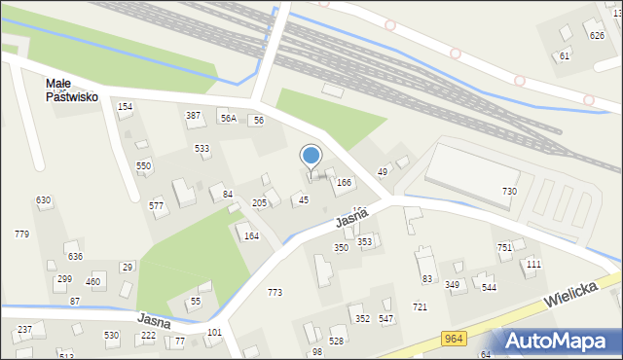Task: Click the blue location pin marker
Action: pyautogui.click(x=311, y=157)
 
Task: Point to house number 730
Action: pyautogui.click(x=509, y=192)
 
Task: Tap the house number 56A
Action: pyautogui.click(x=228, y=119)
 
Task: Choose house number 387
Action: pyautogui.click(x=194, y=116)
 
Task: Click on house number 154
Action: pyautogui.click(x=125, y=106)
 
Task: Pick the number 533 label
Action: pyautogui.click(x=202, y=148)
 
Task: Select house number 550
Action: pyautogui.click(x=143, y=166)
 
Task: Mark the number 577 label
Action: pyautogui.click(x=156, y=205)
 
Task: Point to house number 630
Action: pyautogui.click(x=44, y=200)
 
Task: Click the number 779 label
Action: pyautogui.click(x=21, y=234)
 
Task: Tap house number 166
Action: pyautogui.click(x=344, y=182)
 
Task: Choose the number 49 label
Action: pyautogui.click(x=383, y=172)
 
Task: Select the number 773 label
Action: pyautogui.click(x=275, y=293)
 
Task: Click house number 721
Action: pyautogui.click(x=420, y=307)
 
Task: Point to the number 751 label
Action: pyautogui.click(x=504, y=248)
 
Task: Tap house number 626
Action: pyautogui.click(x=597, y=36)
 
